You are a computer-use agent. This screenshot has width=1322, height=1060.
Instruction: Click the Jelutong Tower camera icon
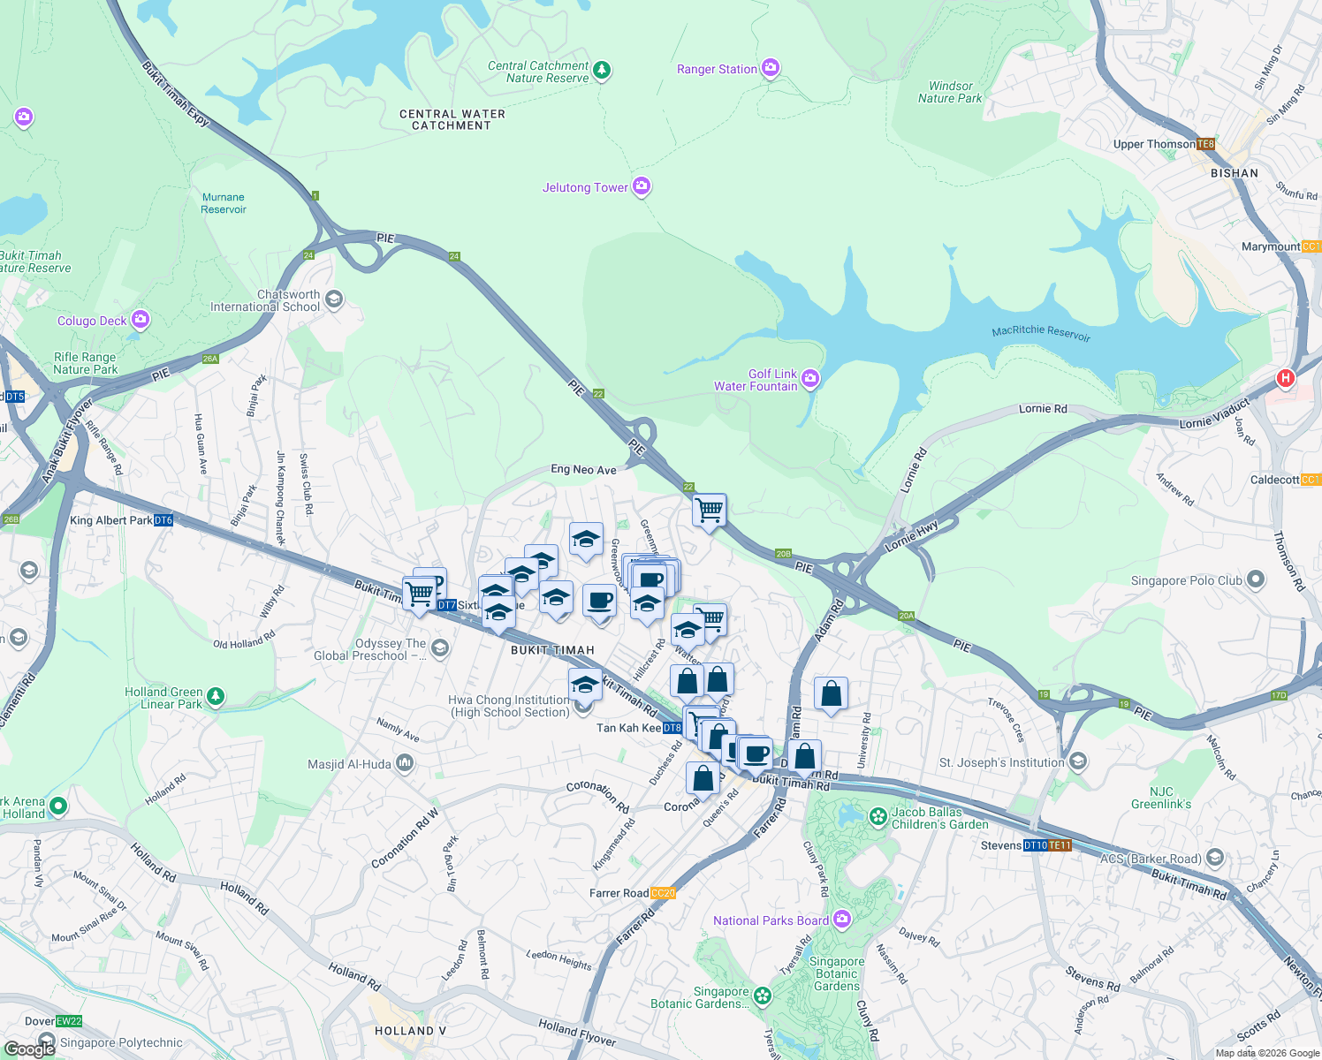pos(642,186)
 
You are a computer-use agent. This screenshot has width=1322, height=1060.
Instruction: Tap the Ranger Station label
pos(717,69)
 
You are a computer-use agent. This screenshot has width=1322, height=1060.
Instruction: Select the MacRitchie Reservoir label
pos(1041,332)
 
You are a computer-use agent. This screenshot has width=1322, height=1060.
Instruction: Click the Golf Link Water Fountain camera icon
pos(810,380)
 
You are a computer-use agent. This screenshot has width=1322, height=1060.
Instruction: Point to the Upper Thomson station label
pos(1154,144)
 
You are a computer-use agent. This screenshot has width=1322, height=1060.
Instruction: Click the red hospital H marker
pos(1286,379)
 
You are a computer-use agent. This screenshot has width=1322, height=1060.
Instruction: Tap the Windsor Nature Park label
pos(950,92)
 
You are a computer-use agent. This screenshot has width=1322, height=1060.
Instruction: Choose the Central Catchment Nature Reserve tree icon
pos(602,70)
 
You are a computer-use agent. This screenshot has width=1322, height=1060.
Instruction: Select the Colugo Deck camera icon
pos(140,320)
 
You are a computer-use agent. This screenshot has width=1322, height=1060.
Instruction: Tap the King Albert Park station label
pos(111,520)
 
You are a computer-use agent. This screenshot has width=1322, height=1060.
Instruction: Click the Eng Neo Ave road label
pos(583,469)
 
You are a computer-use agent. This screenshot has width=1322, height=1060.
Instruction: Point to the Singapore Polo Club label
pos(1186,580)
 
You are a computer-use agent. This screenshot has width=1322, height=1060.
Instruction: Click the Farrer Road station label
pos(619,893)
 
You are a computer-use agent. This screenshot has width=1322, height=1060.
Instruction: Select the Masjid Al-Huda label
pos(349,764)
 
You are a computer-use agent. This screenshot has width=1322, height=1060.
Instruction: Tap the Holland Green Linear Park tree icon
pos(215,697)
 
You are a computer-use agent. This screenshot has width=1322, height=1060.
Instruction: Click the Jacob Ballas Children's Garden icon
pos(878,817)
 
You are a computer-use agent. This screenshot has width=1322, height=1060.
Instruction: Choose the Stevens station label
pos(1001,845)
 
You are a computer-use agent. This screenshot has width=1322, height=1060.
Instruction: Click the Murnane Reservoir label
pos(224,203)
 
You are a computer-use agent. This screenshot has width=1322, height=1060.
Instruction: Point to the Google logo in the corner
pos(29,1049)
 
